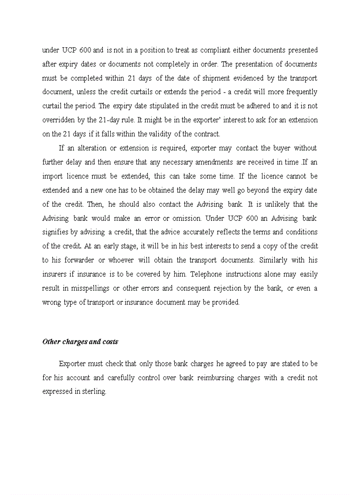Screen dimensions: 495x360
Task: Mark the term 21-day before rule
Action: tap(110, 120)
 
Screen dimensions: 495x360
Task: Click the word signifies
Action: tap(56, 232)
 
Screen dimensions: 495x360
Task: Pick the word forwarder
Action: tap(80, 260)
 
